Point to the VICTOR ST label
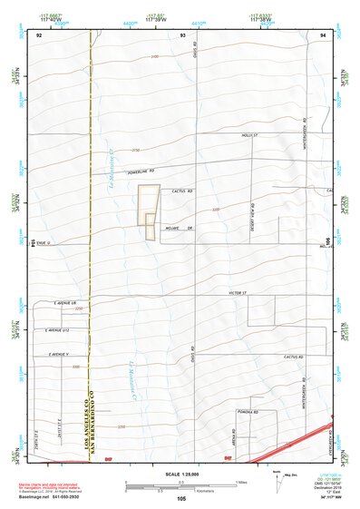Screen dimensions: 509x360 [x=238, y=293]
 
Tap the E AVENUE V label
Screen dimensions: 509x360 [x=60, y=354]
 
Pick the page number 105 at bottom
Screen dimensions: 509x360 [x=182, y=498]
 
